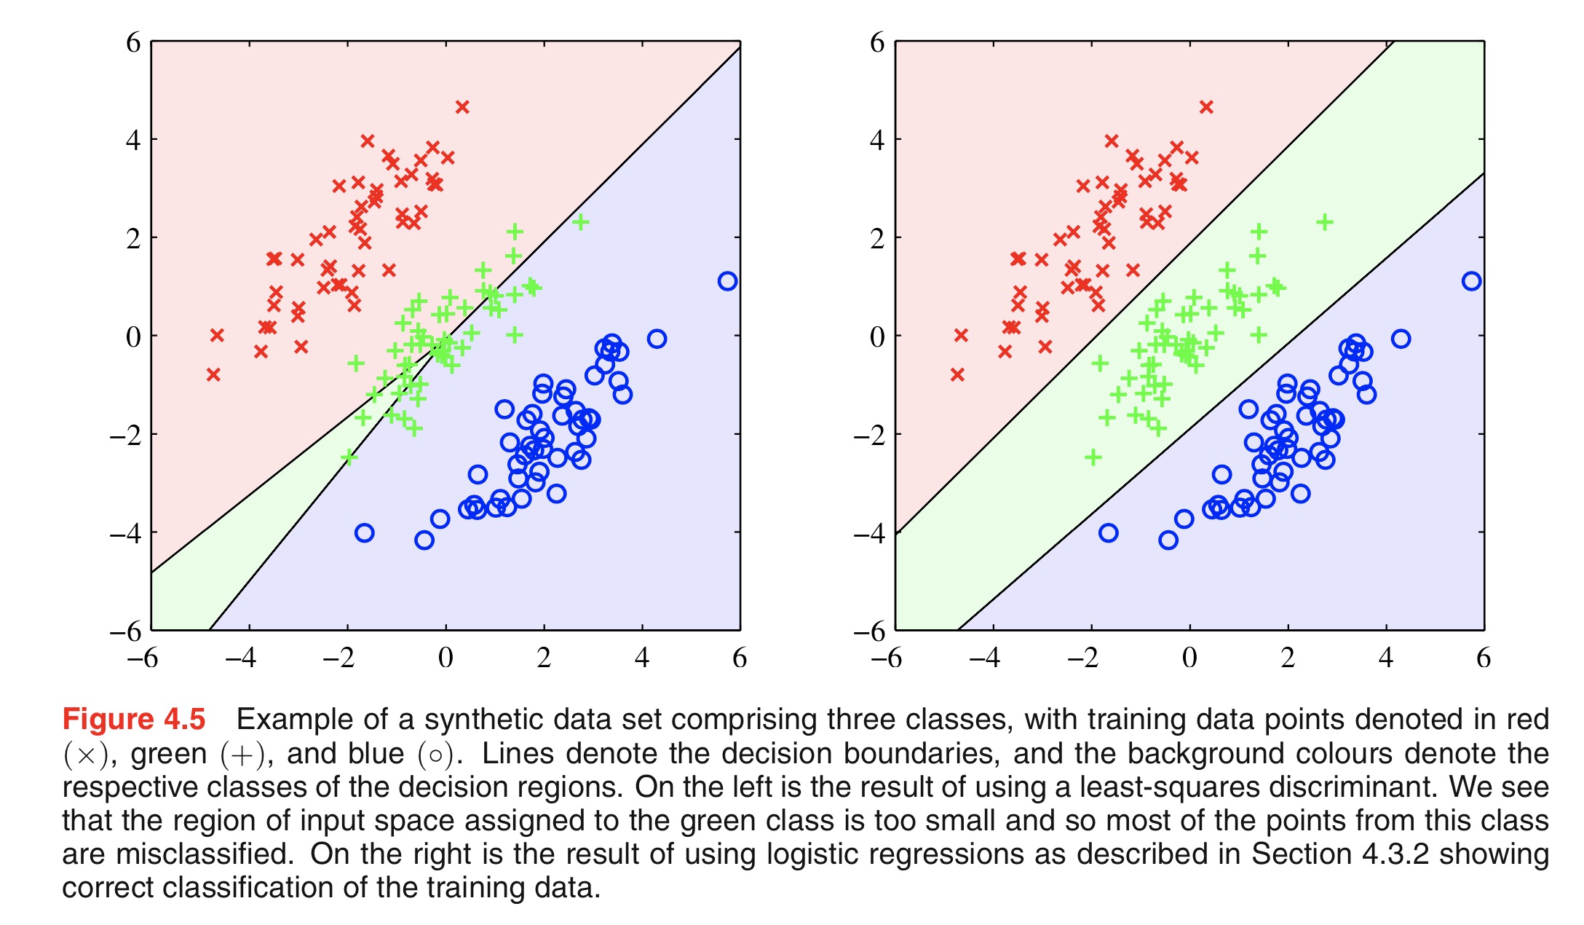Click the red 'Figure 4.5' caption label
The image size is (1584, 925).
point(134,720)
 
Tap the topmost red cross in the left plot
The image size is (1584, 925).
point(462,107)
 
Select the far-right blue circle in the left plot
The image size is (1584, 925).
point(727,281)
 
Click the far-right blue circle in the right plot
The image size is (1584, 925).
point(1471,281)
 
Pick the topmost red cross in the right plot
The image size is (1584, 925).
point(1206,107)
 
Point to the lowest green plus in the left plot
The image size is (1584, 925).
point(349,457)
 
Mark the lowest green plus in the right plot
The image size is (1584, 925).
point(1093,457)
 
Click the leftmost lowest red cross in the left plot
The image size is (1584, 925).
point(213,374)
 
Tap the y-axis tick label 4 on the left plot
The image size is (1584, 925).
point(133,140)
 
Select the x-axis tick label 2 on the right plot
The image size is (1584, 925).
point(1288,658)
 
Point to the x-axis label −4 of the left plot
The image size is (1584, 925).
point(241,658)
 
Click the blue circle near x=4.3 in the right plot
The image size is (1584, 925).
point(1401,339)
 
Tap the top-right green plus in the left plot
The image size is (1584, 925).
point(580,221)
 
